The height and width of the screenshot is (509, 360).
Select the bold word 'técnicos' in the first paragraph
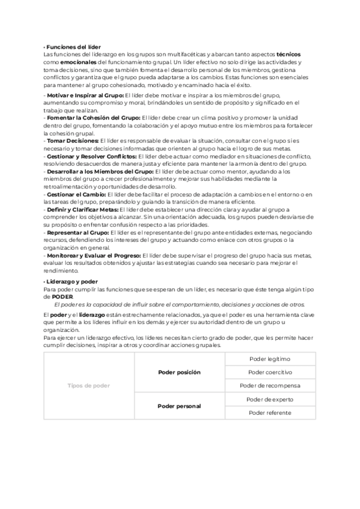tap(289, 55)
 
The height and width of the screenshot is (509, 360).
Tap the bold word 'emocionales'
tap(76, 62)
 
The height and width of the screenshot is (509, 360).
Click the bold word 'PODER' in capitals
tap(62, 297)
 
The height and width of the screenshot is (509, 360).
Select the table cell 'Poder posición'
tap(179, 372)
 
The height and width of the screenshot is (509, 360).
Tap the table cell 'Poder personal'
tap(179, 406)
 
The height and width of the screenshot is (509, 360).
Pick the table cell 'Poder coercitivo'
tap(269, 372)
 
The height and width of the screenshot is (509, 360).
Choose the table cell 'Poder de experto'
tap(269, 399)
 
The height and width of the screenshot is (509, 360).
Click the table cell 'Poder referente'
tap(269, 412)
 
